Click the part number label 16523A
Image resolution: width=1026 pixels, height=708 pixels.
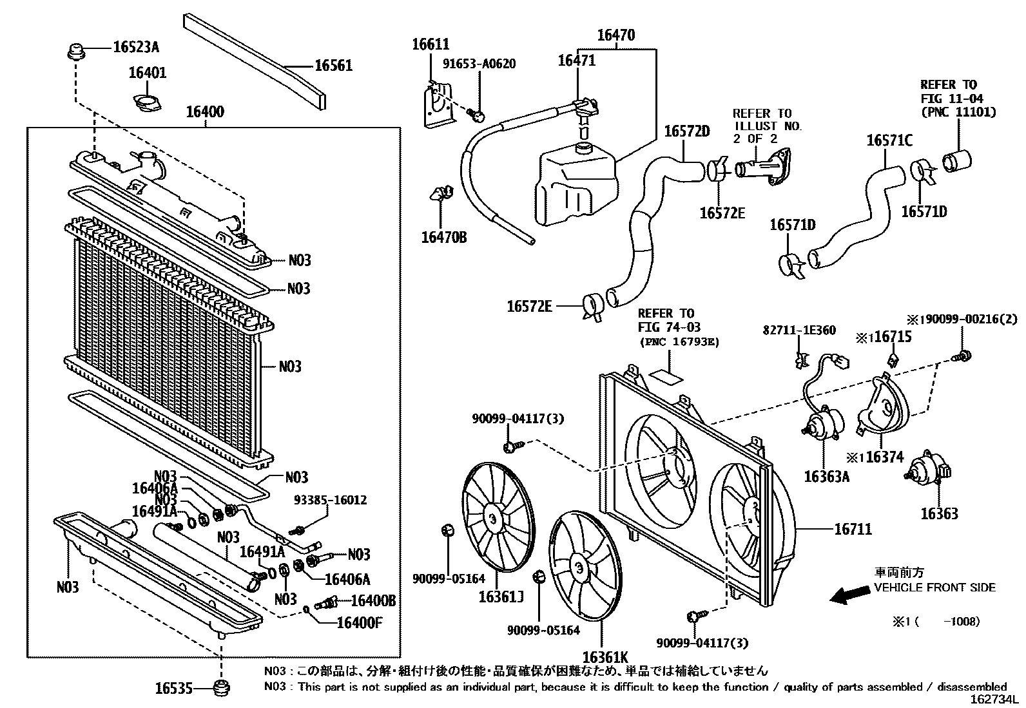coord(136,47)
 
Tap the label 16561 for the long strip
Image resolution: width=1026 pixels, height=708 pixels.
coord(333,66)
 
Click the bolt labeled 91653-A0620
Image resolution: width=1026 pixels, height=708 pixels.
coord(478,116)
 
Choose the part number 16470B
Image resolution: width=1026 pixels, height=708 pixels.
coord(443,238)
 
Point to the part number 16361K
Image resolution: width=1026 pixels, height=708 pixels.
coord(605,658)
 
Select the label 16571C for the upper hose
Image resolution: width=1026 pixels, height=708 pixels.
coord(889,140)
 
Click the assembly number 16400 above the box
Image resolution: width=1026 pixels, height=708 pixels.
coord(205,112)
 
